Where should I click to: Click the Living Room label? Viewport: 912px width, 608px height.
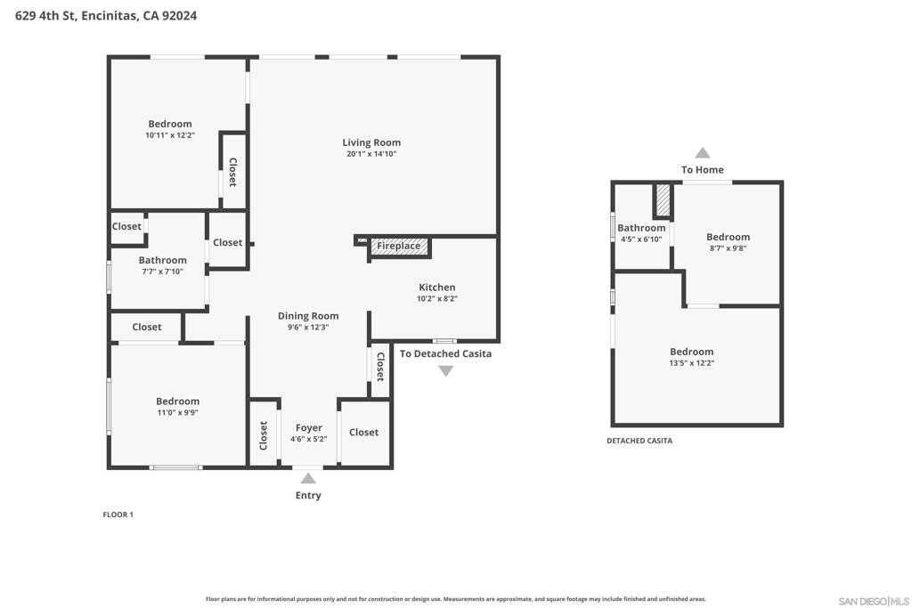click(x=371, y=142)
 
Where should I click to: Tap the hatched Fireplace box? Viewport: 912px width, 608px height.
click(x=399, y=247)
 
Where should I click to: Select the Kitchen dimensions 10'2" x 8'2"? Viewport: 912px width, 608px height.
click(x=436, y=299)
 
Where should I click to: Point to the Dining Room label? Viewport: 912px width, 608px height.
click(x=308, y=316)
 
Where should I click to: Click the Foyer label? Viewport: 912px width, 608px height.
click(x=308, y=428)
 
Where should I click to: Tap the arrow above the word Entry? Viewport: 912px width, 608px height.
click(x=308, y=478)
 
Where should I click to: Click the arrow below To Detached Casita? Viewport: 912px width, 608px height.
click(x=445, y=371)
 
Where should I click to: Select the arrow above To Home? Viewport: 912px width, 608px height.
click(x=703, y=153)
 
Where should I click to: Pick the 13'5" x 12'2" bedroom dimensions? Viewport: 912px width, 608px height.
click(x=691, y=363)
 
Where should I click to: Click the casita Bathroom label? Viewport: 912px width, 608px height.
click(x=641, y=228)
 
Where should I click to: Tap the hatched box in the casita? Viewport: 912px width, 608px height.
click(x=663, y=200)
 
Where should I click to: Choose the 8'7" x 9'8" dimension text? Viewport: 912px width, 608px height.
click(x=729, y=248)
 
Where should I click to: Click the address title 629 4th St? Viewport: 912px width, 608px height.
click(x=106, y=16)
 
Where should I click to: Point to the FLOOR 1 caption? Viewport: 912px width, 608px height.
click(x=118, y=515)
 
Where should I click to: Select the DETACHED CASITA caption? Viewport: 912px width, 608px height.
click(x=639, y=441)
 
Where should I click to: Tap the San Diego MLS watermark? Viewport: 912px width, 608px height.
click(x=873, y=601)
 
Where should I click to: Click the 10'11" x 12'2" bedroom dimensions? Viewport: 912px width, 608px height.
click(x=170, y=135)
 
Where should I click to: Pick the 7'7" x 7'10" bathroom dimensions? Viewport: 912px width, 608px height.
click(x=163, y=272)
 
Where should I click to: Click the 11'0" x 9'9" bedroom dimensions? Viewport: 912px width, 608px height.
click(x=177, y=413)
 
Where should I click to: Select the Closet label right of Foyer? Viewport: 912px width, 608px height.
click(x=363, y=433)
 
